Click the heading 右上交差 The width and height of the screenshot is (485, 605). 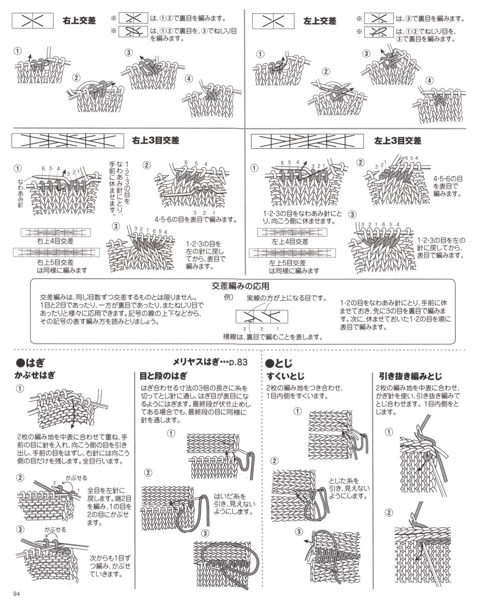[x=79, y=20]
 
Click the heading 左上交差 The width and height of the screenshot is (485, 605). [x=320, y=21]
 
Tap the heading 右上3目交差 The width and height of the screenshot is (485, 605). [x=156, y=140]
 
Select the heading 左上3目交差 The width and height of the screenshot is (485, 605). [x=397, y=141]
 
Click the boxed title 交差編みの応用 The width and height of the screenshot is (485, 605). [x=240, y=286]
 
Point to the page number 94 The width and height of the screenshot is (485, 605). [x=17, y=594]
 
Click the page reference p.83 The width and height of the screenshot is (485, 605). [x=238, y=362]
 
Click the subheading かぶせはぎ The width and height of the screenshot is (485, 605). [x=35, y=375]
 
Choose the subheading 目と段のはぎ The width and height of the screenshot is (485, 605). [x=163, y=375]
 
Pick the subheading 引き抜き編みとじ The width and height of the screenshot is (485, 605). [x=410, y=376]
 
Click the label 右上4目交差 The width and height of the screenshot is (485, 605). [x=55, y=241]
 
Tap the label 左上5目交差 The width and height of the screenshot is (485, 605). [x=287, y=263]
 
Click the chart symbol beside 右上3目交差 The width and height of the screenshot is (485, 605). [x=68, y=141]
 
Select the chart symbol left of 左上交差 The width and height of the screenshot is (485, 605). [x=273, y=21]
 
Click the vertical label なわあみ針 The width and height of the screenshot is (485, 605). [x=20, y=193]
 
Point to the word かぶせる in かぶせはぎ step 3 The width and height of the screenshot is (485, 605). [x=55, y=529]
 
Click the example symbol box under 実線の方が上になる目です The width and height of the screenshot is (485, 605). [x=262, y=316]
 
